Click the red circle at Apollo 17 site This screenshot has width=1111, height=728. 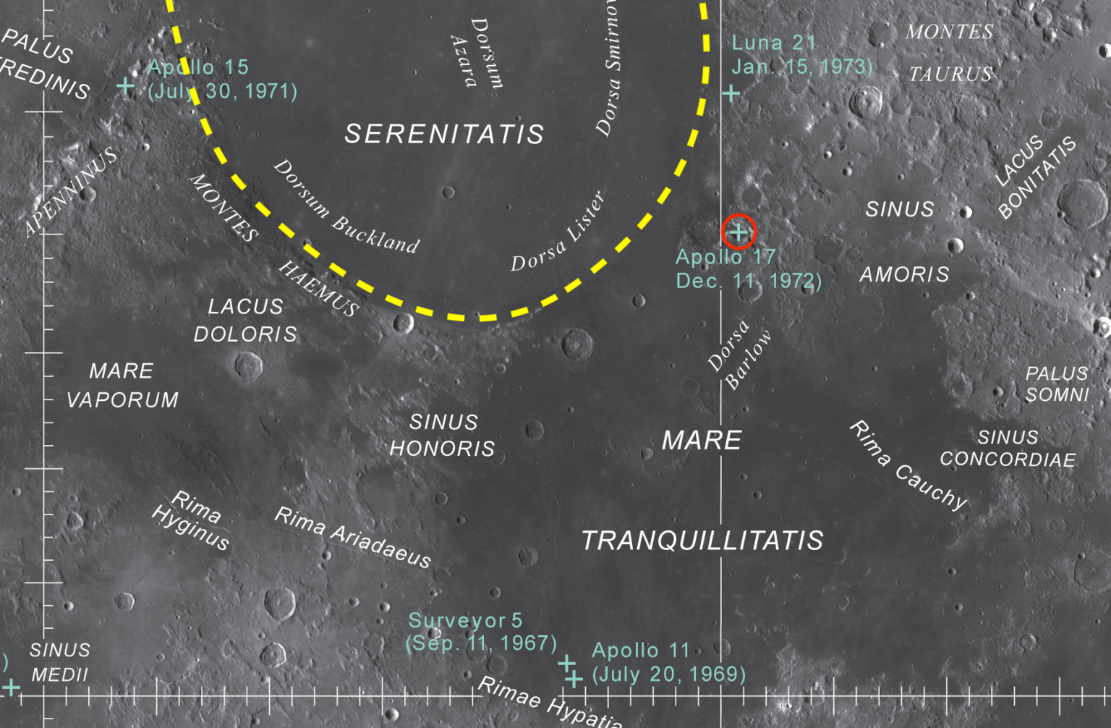pyautogui.click(x=738, y=232)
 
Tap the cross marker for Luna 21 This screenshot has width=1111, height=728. pyautogui.click(x=731, y=93)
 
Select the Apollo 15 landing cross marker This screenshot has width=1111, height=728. pyautogui.click(x=126, y=87)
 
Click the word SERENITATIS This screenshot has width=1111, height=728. pyautogui.click(x=444, y=134)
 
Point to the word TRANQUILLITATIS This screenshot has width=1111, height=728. pyautogui.click(x=702, y=541)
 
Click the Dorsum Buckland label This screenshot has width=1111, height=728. pyautogui.click(x=346, y=207)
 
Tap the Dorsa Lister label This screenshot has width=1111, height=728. pyautogui.click(x=558, y=232)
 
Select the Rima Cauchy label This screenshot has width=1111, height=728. pyautogui.click(x=908, y=465)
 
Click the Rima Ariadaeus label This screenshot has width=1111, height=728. pyautogui.click(x=353, y=537)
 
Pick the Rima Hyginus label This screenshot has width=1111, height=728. pyautogui.click(x=191, y=520)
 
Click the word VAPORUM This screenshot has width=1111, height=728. pyautogui.click(x=122, y=399)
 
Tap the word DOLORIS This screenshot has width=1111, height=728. pyautogui.click(x=245, y=334)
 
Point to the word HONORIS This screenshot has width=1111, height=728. pyautogui.click(x=442, y=449)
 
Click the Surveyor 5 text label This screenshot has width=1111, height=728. pyautogui.click(x=465, y=620)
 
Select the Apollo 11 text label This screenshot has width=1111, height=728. pyautogui.click(x=640, y=650)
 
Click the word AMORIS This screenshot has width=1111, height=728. pyautogui.click(x=904, y=274)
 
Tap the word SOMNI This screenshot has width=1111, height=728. pyautogui.click(x=1057, y=394)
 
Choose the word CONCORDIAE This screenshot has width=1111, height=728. pyautogui.click(x=1008, y=460)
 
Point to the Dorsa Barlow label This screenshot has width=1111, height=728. pyautogui.click(x=739, y=355)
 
